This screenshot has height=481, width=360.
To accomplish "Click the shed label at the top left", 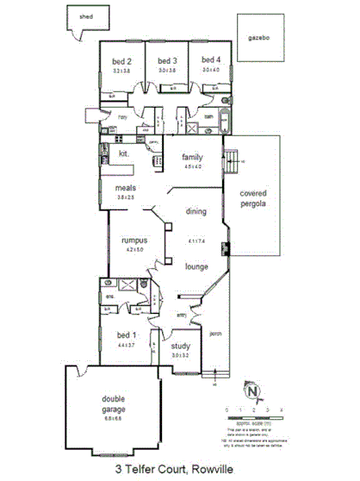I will click(85, 16).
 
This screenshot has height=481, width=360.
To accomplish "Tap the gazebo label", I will click(259, 39).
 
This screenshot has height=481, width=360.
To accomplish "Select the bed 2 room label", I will click(121, 61).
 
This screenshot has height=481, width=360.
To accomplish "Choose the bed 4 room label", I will click(211, 59).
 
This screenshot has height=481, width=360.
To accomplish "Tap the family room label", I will click(191, 158).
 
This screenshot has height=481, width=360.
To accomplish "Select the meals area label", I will click(127, 186).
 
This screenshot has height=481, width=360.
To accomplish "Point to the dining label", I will click(197, 209).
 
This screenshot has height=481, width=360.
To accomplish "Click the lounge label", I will click(197, 266).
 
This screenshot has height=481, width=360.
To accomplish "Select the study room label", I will click(180, 347).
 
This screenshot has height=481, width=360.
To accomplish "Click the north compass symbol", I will click(252, 392).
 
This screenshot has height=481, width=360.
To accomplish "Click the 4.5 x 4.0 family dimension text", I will click(191, 166).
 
